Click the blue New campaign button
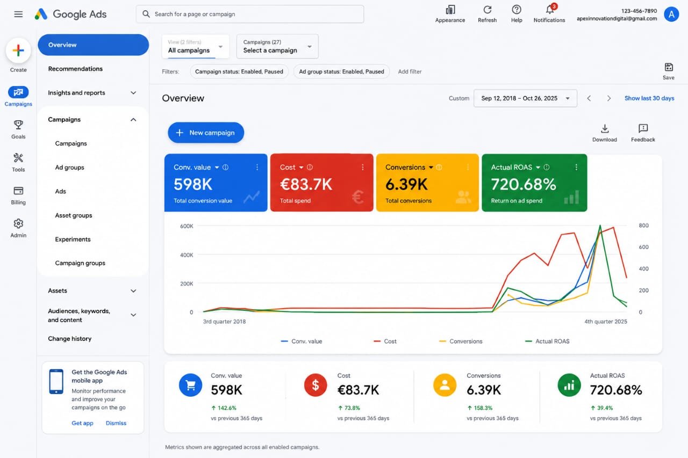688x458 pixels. click(x=206, y=133)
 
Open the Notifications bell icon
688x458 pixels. click(x=549, y=10)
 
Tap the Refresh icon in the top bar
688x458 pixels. click(x=487, y=10)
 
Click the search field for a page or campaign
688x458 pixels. click(x=250, y=14)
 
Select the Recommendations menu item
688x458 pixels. click(x=75, y=69)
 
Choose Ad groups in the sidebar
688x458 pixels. click(x=69, y=168)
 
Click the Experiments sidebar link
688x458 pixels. click(x=73, y=239)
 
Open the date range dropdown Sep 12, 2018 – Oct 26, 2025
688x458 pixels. click(x=525, y=98)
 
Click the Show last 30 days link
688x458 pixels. click(x=649, y=98)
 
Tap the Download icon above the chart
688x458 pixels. click(x=605, y=128)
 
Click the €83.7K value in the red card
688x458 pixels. click(x=306, y=184)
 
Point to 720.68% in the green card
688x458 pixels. click(x=524, y=184)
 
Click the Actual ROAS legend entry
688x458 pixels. click(x=547, y=341)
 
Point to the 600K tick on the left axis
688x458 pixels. click(x=187, y=226)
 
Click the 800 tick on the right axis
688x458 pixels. click(x=644, y=226)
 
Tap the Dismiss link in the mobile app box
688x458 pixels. click(x=116, y=423)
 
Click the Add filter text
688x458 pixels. click(x=410, y=71)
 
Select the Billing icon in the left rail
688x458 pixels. click(x=18, y=191)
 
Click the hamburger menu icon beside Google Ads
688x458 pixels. click(x=18, y=14)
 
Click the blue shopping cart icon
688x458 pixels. click(x=190, y=385)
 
